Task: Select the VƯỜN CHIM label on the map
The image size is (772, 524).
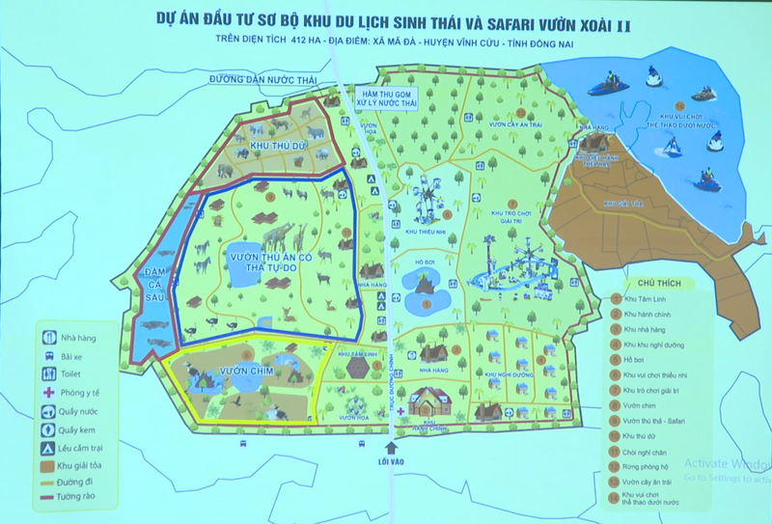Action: coord(225,371)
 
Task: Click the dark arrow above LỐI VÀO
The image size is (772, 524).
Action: coord(391,447)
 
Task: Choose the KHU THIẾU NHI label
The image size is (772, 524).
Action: coord(424,232)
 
